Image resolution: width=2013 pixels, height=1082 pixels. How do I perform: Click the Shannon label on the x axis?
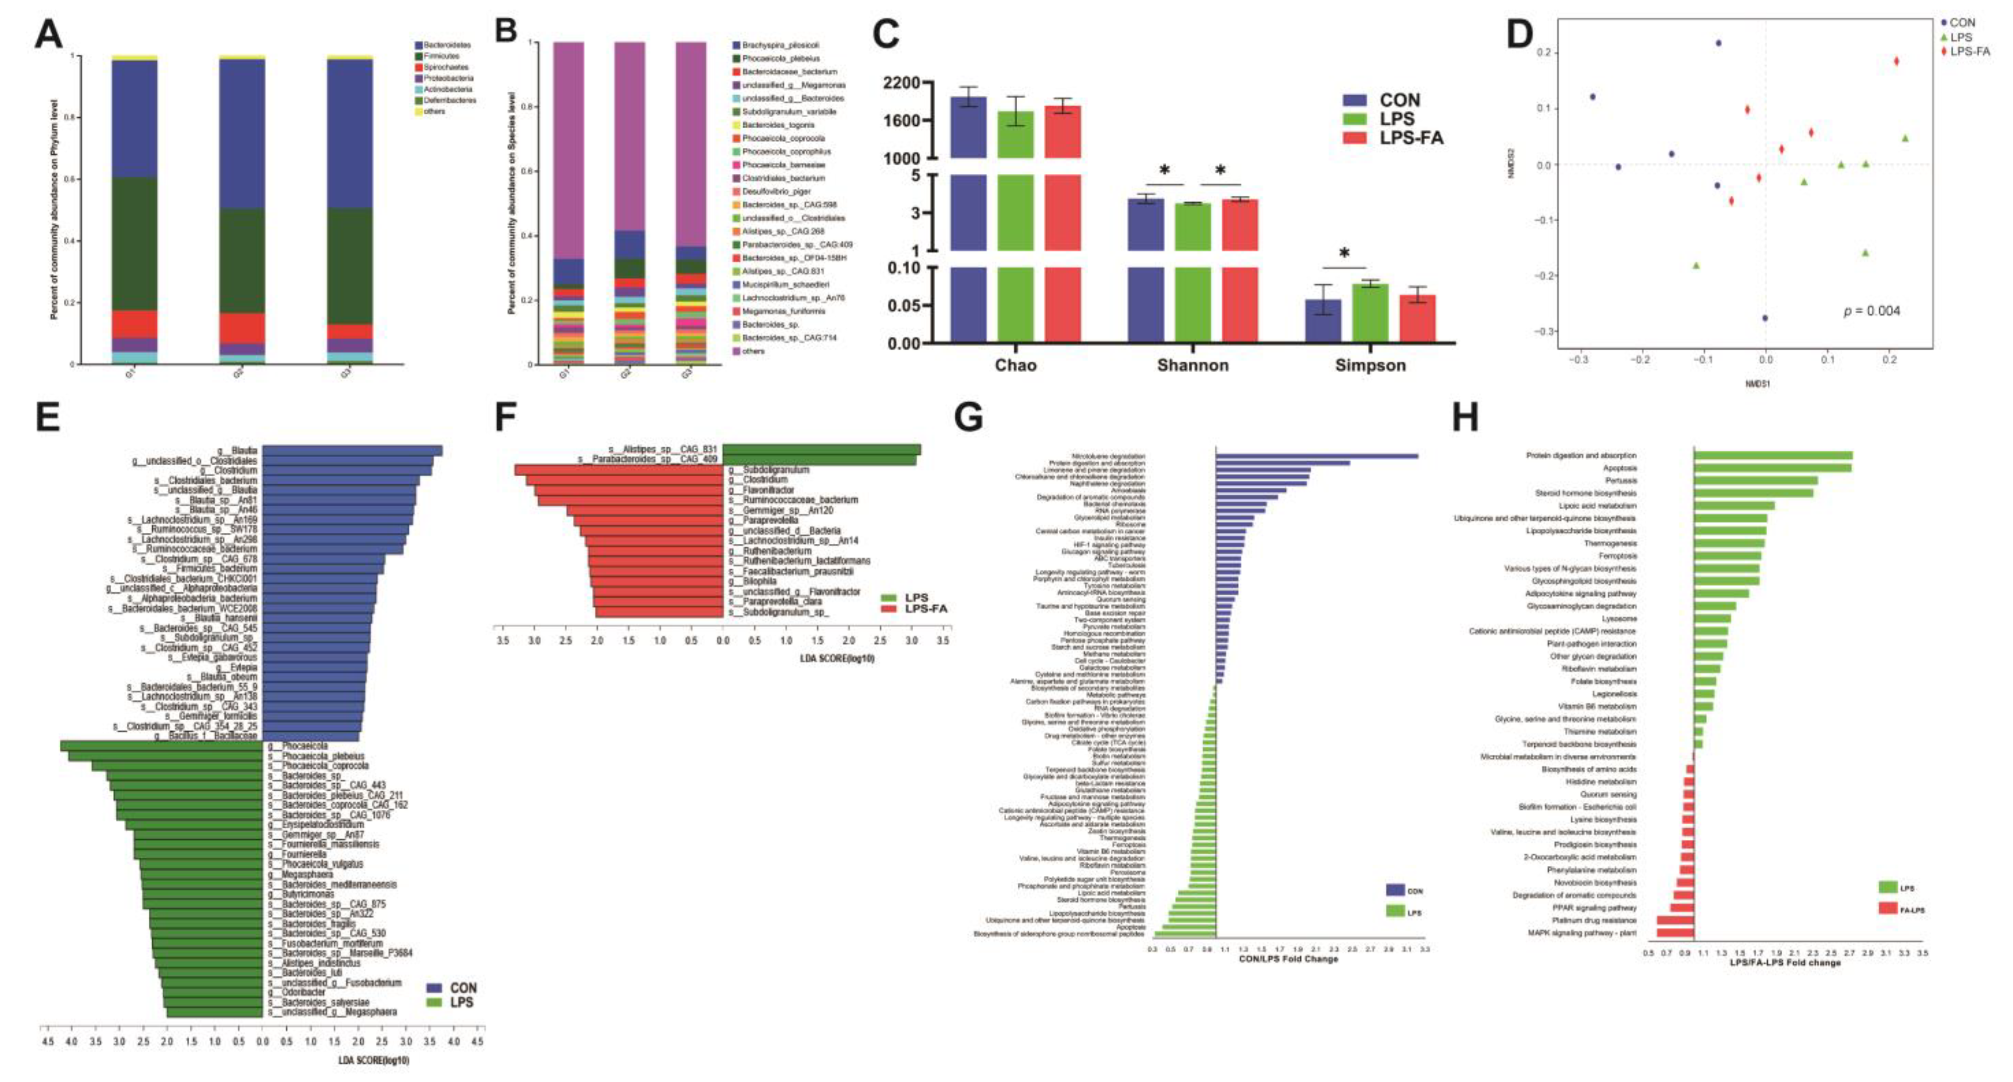point(1192,365)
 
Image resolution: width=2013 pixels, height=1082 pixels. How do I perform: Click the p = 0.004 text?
point(1872,310)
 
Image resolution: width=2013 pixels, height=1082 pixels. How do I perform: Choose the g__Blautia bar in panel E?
point(352,450)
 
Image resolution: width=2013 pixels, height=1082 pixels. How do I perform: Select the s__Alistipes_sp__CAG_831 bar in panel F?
point(821,449)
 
